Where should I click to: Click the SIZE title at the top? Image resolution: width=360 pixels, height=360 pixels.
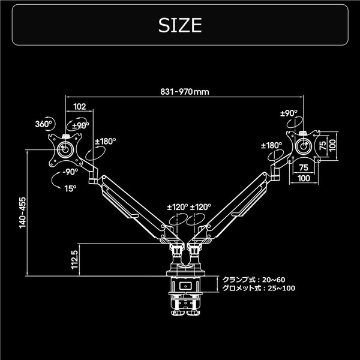point(179,25)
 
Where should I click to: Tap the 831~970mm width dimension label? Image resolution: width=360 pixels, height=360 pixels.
point(185,92)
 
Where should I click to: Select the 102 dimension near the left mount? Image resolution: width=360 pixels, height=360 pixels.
point(79,106)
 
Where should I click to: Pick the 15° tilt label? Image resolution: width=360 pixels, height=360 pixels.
point(70,188)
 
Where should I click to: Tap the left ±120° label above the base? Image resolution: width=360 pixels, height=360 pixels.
point(178,206)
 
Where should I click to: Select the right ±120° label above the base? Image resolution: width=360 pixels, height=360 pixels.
point(200,206)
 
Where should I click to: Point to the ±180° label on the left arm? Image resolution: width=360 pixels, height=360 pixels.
point(106,142)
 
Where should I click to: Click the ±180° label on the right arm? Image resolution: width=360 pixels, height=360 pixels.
point(272,145)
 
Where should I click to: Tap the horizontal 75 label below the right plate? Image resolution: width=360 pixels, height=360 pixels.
point(304,168)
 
